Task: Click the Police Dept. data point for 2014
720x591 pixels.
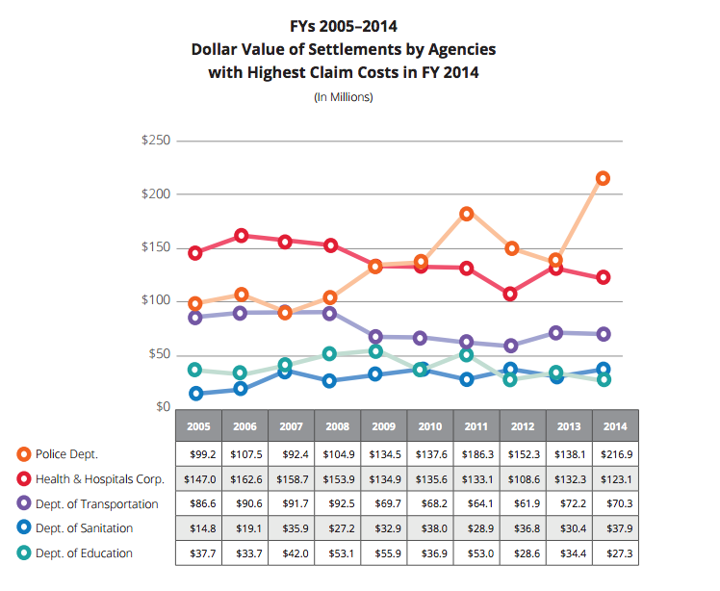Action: coord(603,178)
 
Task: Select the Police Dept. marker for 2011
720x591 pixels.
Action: coord(467,214)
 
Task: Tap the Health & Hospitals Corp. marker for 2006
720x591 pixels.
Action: coord(242,236)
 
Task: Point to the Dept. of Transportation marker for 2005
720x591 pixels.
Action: coord(196,318)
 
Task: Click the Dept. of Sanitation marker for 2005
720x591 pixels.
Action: coord(196,393)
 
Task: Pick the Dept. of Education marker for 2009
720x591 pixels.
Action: coord(376,351)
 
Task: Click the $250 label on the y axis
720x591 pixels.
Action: coord(155,141)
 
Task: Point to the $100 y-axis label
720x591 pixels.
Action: coord(155,301)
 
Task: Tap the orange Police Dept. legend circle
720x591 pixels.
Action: coord(23,453)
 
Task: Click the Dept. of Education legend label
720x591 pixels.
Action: coord(84,553)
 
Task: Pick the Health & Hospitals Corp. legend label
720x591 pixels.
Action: coord(100,478)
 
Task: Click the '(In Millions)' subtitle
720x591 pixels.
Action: coord(344,97)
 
